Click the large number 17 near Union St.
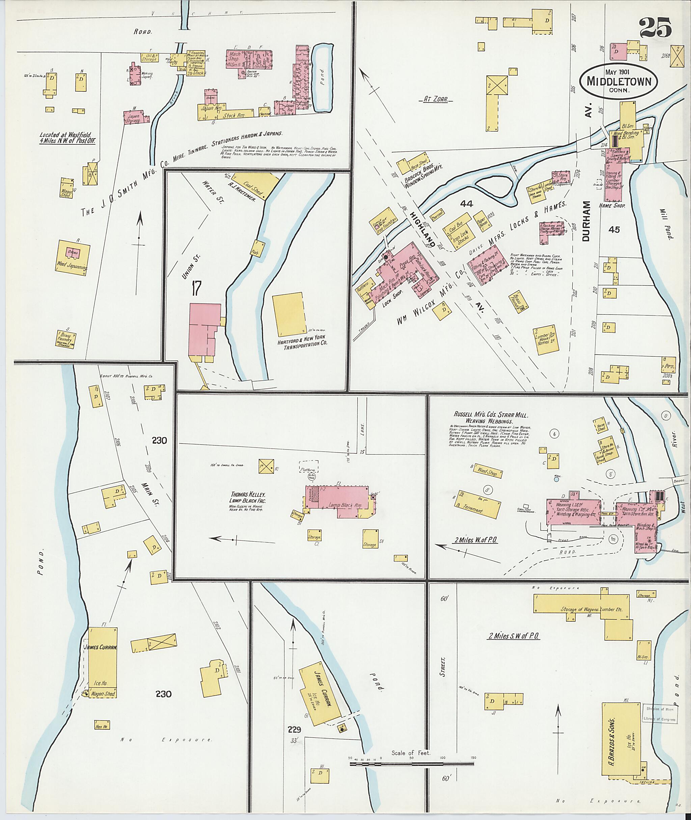pyautogui.click(x=197, y=289)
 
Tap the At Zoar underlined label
pyautogui.click(x=438, y=100)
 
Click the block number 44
pyautogui.click(x=467, y=204)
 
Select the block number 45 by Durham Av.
pyautogui.click(x=614, y=229)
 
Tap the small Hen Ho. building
pyautogui.click(x=102, y=724)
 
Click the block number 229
pyautogui.click(x=294, y=730)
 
